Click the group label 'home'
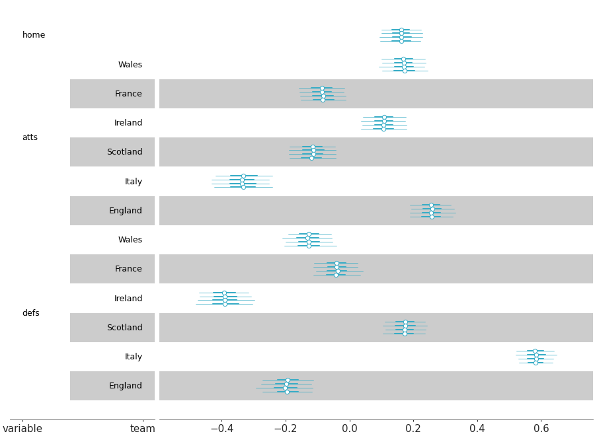(34, 35)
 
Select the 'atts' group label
(30, 137)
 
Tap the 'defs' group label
(30, 313)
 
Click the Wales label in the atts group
(130, 65)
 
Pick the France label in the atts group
(128, 94)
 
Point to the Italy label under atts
(133, 182)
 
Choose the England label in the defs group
(125, 386)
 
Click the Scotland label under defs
(124, 328)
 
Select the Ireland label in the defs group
(128, 299)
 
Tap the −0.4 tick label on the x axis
(221, 429)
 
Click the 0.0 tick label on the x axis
(349, 429)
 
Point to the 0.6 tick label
(541, 429)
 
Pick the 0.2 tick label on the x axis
(413, 429)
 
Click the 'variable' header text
(22, 429)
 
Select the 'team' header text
(142, 429)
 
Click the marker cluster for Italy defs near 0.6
(535, 357)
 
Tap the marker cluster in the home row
(401, 36)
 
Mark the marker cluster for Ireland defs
(225, 299)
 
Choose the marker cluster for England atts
(432, 211)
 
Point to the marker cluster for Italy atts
(243, 182)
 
